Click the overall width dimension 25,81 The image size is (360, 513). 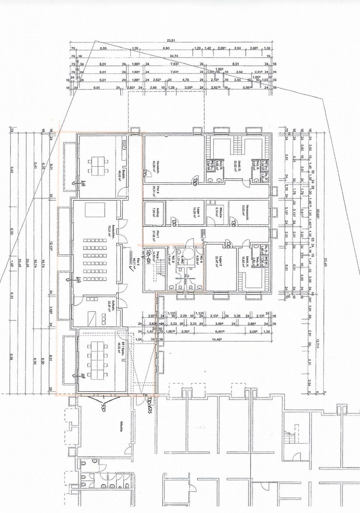[171, 41]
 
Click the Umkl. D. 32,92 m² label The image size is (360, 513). [236, 164]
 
